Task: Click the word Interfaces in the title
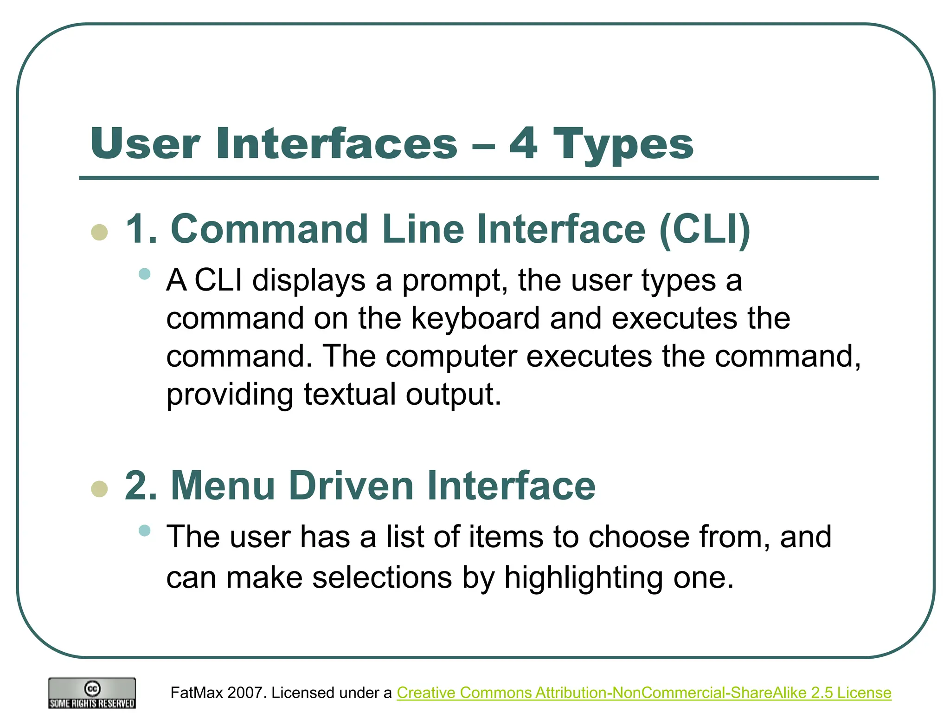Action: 336,144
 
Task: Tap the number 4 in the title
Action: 523,144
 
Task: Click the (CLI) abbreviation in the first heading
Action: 704,229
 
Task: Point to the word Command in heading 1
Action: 270,229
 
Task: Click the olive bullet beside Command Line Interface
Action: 100,232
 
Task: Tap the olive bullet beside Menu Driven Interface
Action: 100,489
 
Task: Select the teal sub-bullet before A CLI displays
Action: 145,274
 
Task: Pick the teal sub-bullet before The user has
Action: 145,530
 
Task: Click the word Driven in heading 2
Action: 351,486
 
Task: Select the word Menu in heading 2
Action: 223,486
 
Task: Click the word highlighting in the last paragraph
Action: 583,578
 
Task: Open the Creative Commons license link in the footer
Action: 644,693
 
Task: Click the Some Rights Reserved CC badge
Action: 92,693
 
